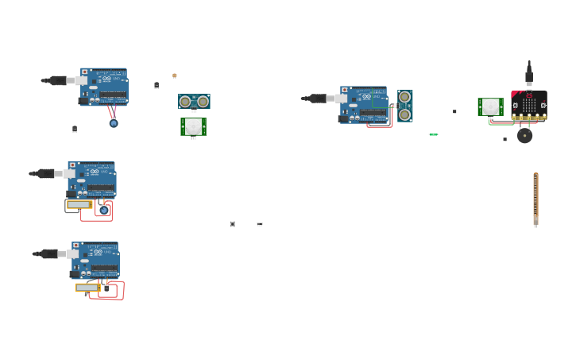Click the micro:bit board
(x=529, y=105)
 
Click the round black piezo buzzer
(x=524, y=136)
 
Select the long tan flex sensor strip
(x=535, y=199)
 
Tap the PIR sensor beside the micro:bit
(x=490, y=106)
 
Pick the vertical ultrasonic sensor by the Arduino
(x=405, y=106)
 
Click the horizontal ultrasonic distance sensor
(x=194, y=102)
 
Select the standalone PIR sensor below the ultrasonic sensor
(x=193, y=126)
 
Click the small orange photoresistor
(x=175, y=75)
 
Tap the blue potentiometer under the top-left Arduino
(x=114, y=123)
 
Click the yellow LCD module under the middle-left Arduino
(x=79, y=204)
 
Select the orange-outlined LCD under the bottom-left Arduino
(x=87, y=288)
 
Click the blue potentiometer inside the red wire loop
(x=103, y=210)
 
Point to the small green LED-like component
(x=433, y=134)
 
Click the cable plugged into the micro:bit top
(x=529, y=74)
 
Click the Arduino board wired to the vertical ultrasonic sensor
(x=364, y=104)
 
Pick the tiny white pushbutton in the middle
(x=232, y=224)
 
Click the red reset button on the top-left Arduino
(x=85, y=72)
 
